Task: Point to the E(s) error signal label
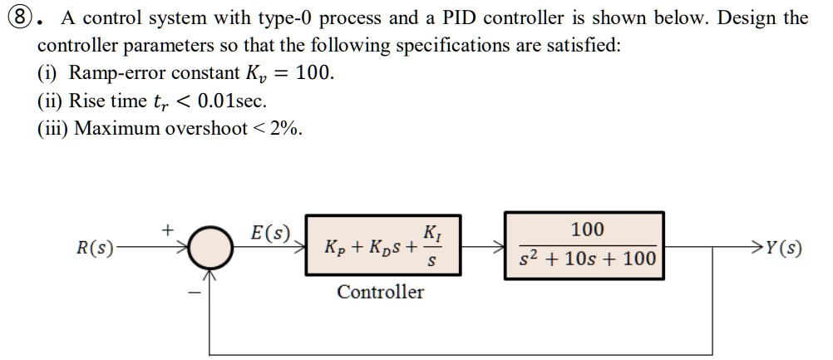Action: [271, 232]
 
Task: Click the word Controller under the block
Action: [380, 292]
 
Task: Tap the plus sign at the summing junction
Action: [168, 226]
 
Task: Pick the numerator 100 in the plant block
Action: [588, 229]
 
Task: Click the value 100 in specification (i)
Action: [313, 72]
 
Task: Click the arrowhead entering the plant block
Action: [499, 247]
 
